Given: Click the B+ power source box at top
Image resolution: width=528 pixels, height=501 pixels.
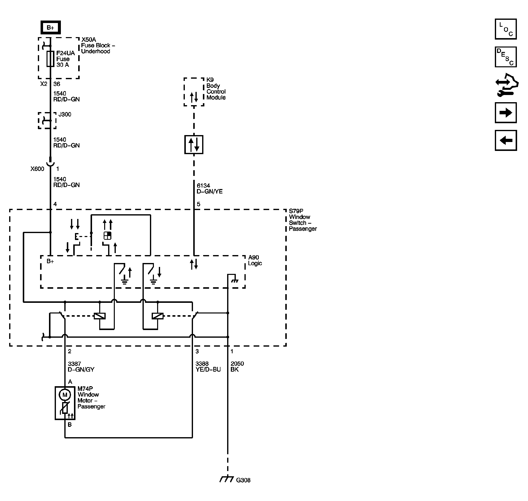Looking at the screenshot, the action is pos(50,27).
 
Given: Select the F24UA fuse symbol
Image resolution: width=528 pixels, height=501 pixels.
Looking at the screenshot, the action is pos(50,59).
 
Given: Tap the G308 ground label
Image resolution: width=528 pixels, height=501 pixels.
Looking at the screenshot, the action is pos(243,480).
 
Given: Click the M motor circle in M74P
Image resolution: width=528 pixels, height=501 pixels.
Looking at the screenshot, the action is pos(65,395).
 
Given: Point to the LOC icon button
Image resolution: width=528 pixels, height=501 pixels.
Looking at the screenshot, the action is pos(505,29).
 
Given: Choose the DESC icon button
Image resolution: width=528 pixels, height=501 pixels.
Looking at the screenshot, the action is pos(505,57).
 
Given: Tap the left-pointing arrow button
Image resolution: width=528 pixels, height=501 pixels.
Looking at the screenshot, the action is pos(505,141).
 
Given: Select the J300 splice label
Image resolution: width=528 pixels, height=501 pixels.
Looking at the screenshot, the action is pos(65,114).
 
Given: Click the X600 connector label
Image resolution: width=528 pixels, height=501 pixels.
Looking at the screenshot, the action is pos(37,169).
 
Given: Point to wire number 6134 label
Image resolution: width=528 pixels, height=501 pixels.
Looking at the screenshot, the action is pos(203,185).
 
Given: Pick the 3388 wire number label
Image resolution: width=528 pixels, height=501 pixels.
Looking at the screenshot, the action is pos(202,363).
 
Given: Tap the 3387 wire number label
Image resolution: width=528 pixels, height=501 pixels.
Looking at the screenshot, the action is pos(74,364).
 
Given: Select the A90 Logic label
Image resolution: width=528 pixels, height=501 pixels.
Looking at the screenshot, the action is pos(255,260).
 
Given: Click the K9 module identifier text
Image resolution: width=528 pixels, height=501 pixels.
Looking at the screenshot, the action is pos(210,80).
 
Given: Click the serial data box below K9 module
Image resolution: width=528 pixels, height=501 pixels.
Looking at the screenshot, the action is pos(194,145).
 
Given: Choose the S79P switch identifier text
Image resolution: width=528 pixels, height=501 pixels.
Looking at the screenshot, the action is pos(296,211).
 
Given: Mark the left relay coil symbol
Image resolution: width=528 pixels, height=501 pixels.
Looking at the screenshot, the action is pos(100,316).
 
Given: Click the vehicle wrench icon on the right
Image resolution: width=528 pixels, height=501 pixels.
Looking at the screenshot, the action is pos(507,85).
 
